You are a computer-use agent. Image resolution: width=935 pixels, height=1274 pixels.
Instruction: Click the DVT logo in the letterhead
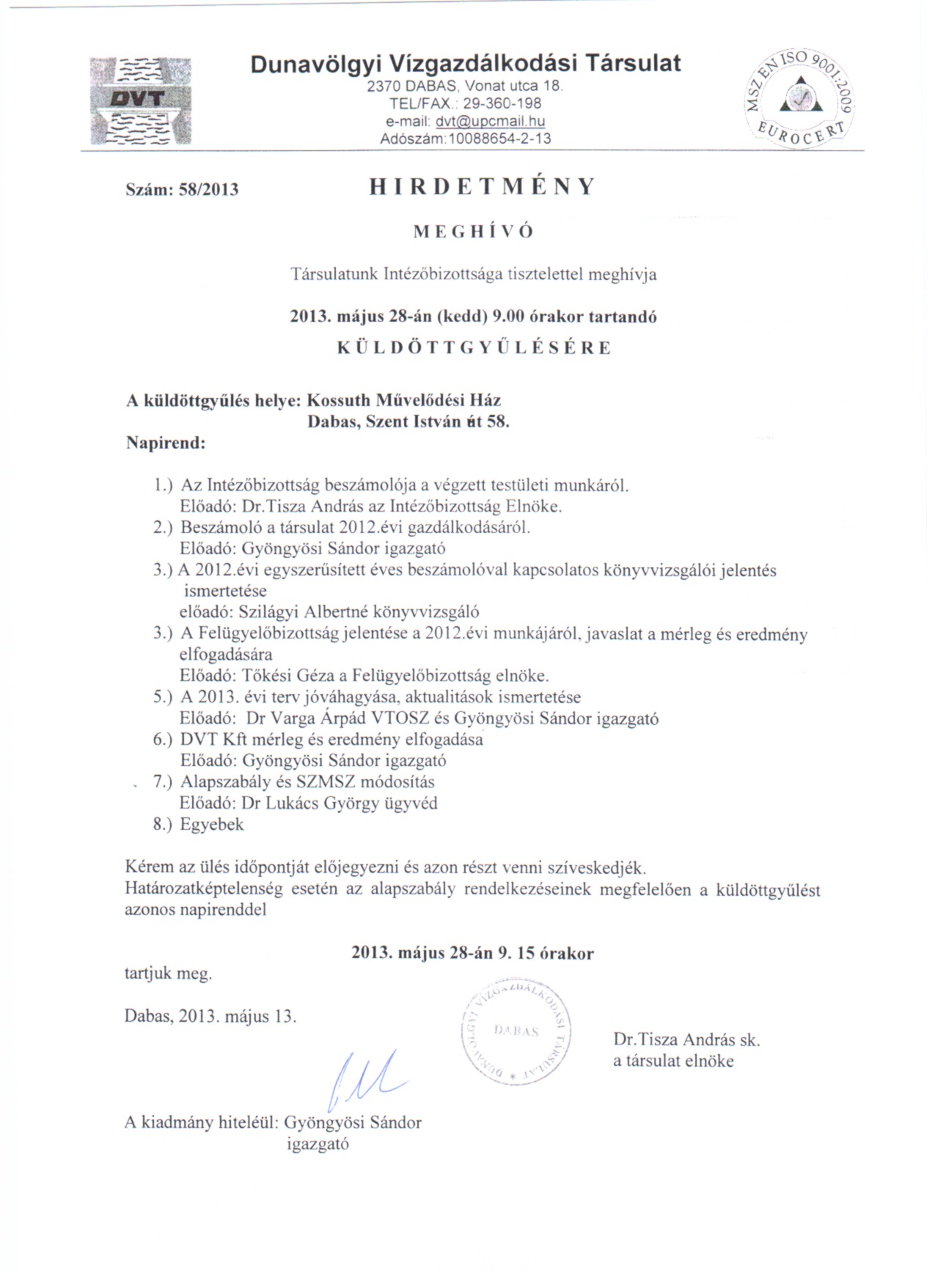pyautogui.click(x=140, y=100)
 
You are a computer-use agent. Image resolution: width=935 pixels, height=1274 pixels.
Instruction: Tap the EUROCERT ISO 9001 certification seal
pyautogui.click(x=799, y=98)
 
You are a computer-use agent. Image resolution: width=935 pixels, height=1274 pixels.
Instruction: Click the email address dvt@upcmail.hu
pyautogui.click(x=490, y=122)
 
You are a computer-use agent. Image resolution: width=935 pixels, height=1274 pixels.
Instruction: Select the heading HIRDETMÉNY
pyautogui.click(x=482, y=187)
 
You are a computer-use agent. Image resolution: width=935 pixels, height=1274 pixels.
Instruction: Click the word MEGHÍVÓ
pyautogui.click(x=474, y=232)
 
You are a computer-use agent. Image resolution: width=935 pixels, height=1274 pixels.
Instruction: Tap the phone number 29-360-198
pyautogui.click(x=502, y=104)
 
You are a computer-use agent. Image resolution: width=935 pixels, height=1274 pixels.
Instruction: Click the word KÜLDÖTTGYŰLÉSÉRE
pyautogui.click(x=474, y=347)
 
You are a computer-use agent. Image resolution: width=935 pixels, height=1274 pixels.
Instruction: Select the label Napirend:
pyautogui.click(x=166, y=443)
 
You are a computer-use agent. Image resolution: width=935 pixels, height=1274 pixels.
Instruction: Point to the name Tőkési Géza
pyautogui.click(x=288, y=675)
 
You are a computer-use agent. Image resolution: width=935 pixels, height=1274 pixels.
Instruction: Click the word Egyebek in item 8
pyautogui.click(x=212, y=824)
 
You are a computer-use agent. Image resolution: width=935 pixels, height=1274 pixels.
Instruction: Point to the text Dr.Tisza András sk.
pyautogui.click(x=686, y=1039)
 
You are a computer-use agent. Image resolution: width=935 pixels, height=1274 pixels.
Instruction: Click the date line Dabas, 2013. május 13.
pyautogui.click(x=210, y=1016)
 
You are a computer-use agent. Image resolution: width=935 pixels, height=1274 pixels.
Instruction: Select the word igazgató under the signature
pyautogui.click(x=318, y=1144)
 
